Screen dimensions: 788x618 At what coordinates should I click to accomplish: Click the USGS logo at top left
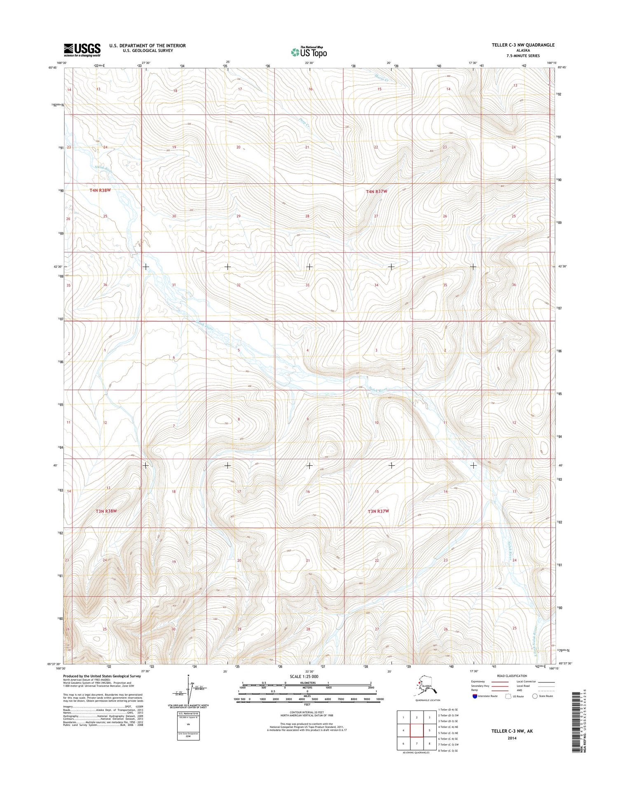pos(82,50)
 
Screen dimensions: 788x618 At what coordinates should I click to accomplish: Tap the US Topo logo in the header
pos(309,52)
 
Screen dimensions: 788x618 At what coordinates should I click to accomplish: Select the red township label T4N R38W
pos(100,190)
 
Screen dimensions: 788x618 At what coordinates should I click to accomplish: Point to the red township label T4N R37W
pos(377,191)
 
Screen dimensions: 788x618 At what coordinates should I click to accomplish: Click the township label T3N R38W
pos(106,511)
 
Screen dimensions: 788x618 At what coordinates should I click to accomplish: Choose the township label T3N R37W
pos(378,511)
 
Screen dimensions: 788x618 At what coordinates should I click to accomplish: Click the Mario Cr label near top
pos(382,77)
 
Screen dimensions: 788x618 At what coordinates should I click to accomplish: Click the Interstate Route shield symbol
pos(475,696)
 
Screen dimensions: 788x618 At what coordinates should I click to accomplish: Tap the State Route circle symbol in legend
pos(535,696)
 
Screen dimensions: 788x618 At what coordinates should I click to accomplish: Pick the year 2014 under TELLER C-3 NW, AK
pos(512,738)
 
